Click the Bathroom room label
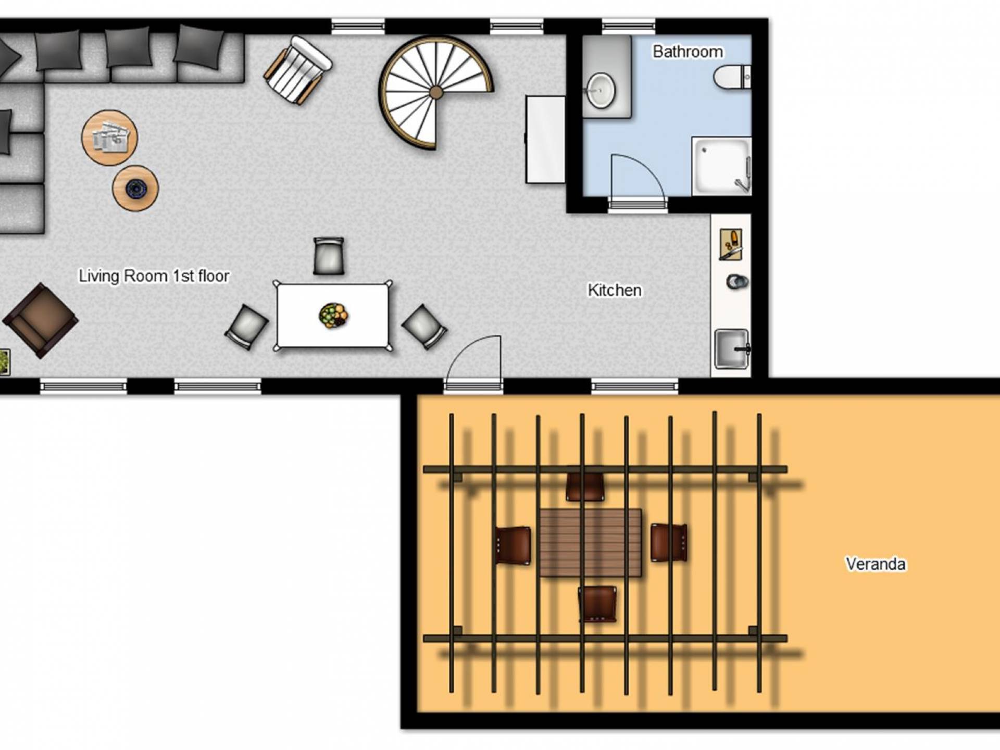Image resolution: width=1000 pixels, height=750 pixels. (687, 52)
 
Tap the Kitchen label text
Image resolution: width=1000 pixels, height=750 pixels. (615, 290)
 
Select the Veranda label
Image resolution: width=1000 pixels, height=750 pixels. (876, 564)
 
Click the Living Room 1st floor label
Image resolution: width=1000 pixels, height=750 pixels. (154, 276)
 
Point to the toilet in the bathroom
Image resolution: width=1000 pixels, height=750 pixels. (732, 77)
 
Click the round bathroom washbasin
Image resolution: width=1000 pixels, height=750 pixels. (601, 91)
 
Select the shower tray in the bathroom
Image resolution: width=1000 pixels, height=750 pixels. (721, 166)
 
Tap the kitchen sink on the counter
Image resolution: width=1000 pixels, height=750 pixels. (732, 348)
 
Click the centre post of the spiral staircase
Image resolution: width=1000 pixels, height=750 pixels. (436, 93)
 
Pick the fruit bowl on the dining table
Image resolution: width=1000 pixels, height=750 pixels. (333, 316)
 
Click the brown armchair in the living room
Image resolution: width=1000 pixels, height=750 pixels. (41, 320)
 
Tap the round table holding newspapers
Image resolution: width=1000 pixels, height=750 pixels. (109, 137)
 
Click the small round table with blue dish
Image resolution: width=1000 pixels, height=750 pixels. (135, 188)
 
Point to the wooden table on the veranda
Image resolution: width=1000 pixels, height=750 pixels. (591, 543)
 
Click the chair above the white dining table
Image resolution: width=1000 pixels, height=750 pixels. (329, 256)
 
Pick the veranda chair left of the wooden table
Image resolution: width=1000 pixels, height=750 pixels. (512, 545)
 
